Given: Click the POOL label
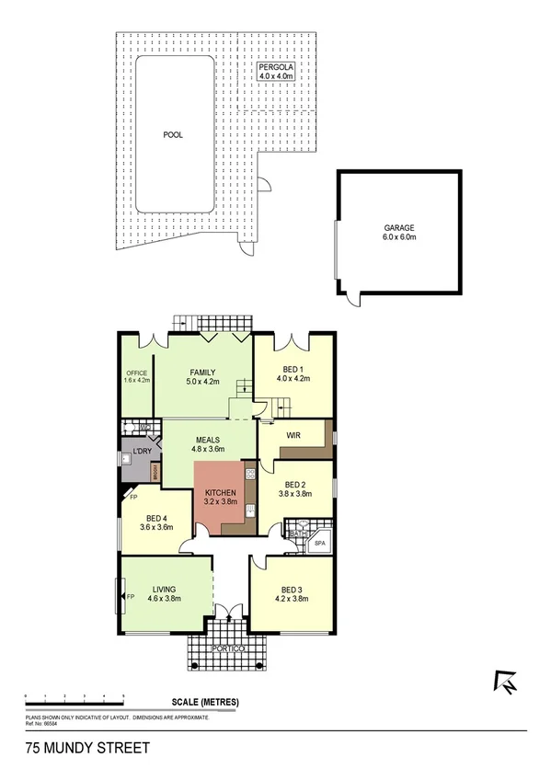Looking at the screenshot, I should tap(173, 134).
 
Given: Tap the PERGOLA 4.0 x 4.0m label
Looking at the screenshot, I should tap(276, 73).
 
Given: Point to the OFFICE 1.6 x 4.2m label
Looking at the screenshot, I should tap(137, 376).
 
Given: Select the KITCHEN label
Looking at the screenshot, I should tap(221, 498).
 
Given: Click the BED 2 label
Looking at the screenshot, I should tap(295, 489).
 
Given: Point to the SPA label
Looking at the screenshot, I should tap(320, 544).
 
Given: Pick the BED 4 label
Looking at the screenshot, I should tap(156, 522).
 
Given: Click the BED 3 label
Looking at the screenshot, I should tap(290, 593).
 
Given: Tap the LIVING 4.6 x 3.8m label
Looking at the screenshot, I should tap(166, 593).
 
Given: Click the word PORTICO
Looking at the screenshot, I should tap(225, 648).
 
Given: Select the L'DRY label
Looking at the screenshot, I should tap(142, 453).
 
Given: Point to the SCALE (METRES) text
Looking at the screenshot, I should tap(205, 703).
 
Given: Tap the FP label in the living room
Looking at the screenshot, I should tap(130, 596).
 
